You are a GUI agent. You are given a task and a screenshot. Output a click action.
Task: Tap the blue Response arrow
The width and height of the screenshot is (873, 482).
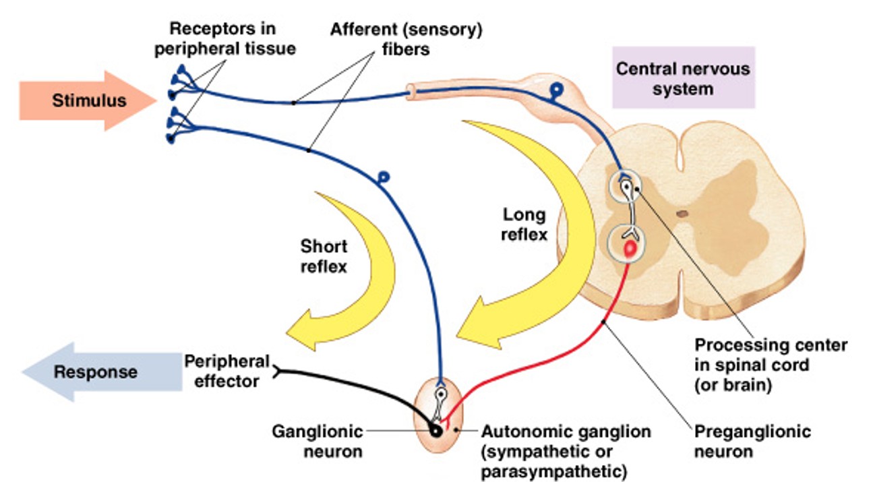94,371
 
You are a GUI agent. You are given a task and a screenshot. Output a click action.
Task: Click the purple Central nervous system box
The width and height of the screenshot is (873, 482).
683,78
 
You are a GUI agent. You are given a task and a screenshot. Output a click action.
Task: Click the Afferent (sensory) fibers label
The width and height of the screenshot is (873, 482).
407,39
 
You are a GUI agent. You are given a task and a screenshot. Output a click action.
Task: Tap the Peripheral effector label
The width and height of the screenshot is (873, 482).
227,371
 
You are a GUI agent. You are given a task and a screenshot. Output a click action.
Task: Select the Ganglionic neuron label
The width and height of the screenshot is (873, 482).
317,441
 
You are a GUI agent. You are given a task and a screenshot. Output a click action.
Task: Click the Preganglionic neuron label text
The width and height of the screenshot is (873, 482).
752,441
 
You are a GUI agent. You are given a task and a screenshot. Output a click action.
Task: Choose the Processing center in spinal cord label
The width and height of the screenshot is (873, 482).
771,365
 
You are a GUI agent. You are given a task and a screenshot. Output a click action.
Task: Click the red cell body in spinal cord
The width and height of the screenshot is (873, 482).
630,249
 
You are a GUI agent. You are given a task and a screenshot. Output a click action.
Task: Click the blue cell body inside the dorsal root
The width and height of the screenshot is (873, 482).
557,89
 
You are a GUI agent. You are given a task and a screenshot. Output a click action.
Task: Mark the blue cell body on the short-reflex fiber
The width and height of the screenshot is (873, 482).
384,177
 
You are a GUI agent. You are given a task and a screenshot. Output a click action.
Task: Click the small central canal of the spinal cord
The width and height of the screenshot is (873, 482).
682,214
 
